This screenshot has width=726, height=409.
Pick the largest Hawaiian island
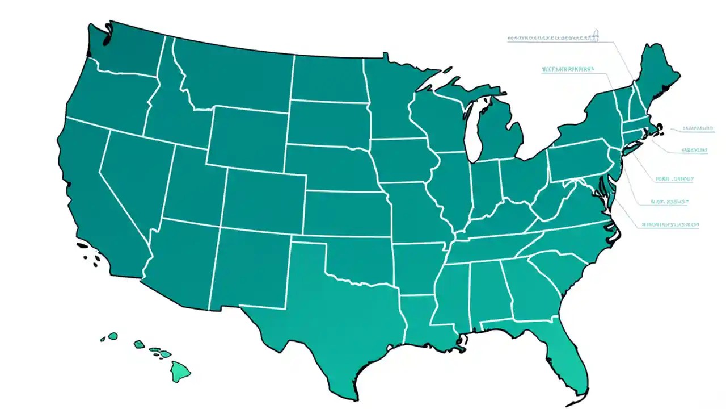180,372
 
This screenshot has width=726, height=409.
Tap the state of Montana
233,74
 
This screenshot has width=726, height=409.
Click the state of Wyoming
247,136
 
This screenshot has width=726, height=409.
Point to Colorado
264,199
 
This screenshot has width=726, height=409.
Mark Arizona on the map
181,256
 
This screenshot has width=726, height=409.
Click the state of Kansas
346,213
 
